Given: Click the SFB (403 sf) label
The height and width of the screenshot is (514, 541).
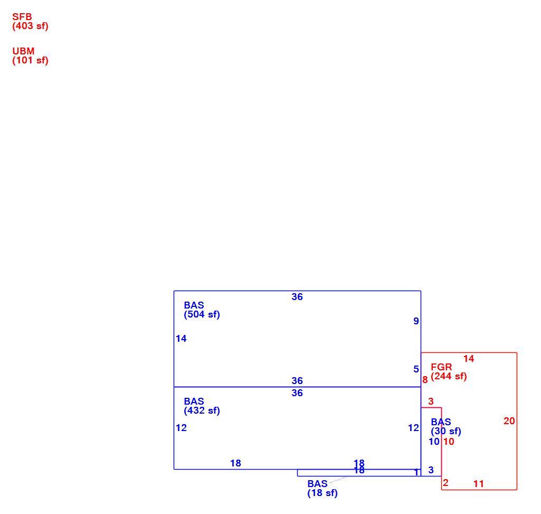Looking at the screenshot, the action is pyautogui.click(x=31, y=22).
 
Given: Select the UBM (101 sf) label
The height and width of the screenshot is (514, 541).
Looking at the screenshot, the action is pyautogui.click(x=31, y=55).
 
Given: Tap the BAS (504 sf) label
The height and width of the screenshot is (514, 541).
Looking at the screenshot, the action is pyautogui.click(x=202, y=310).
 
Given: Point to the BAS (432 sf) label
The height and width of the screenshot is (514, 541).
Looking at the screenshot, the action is pyautogui.click(x=202, y=406).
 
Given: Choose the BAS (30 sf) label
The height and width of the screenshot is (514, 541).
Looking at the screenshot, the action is pyautogui.click(x=446, y=427).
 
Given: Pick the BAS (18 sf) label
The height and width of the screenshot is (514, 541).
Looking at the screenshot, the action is pyautogui.click(x=322, y=488).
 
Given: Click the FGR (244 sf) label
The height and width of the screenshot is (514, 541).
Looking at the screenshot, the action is pyautogui.click(x=449, y=371).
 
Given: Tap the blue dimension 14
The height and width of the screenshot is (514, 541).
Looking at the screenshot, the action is pyautogui.click(x=181, y=339).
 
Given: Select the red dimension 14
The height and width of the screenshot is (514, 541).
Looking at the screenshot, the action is pyautogui.click(x=469, y=359).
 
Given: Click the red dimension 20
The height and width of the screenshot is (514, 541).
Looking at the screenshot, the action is pyautogui.click(x=509, y=420).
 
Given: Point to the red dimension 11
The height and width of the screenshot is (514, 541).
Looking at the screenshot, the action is pyautogui.click(x=479, y=483).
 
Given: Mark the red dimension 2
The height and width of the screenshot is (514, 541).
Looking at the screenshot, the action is pyautogui.click(x=445, y=482).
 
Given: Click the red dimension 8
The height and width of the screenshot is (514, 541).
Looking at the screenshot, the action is pyautogui.click(x=425, y=380).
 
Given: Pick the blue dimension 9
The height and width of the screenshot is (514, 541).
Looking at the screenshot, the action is pyautogui.click(x=416, y=321).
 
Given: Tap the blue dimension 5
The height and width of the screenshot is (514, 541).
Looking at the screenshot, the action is pyautogui.click(x=416, y=369).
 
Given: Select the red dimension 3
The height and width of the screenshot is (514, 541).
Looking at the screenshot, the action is pyautogui.click(x=431, y=401).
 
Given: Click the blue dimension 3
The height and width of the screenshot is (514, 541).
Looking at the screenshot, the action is pyautogui.click(x=431, y=470).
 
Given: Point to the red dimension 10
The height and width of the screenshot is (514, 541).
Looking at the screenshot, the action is pyautogui.click(x=449, y=442).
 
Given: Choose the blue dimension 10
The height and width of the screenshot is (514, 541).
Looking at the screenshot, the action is pyautogui.click(x=434, y=442).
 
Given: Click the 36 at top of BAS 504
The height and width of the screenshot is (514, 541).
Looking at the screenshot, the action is pyautogui.click(x=297, y=297).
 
